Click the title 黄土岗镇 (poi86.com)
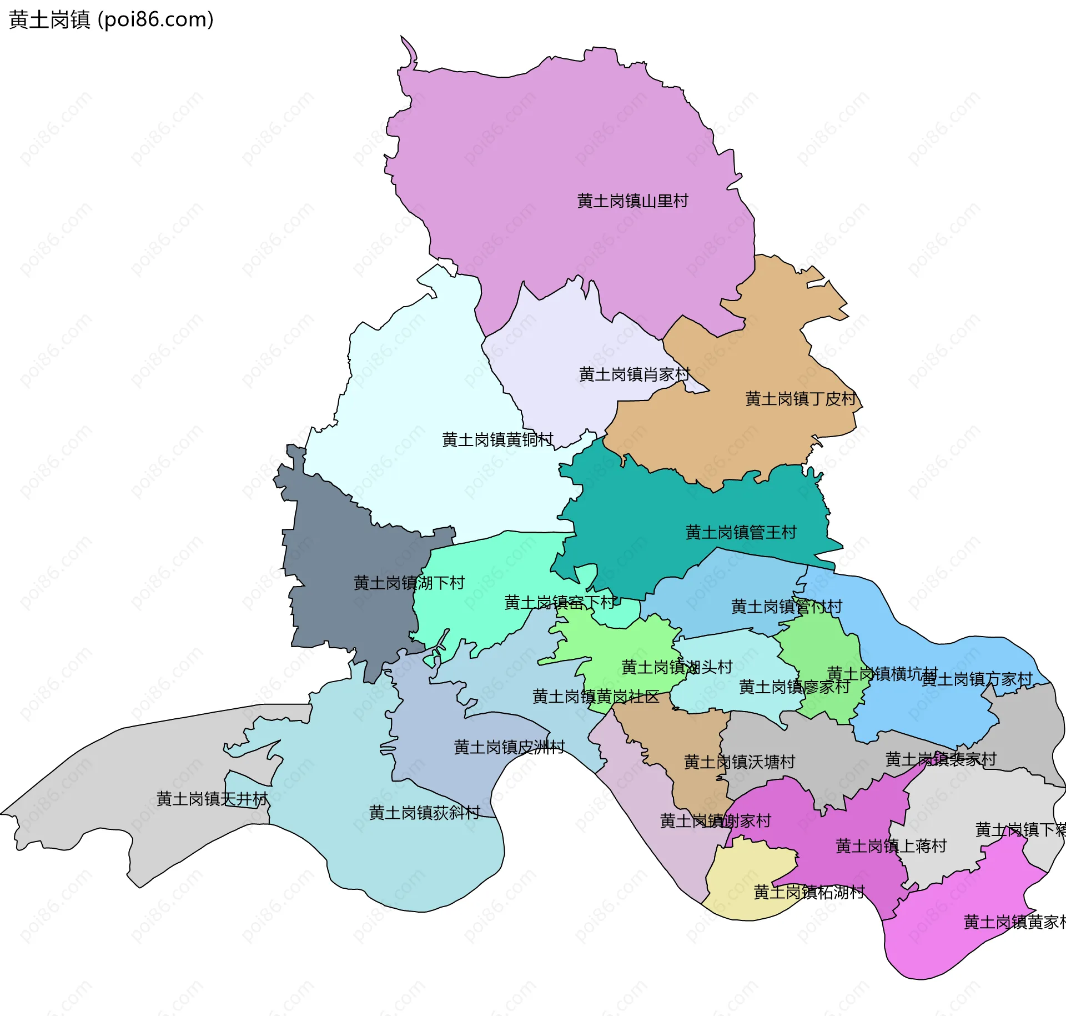[111, 20]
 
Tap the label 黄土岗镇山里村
[632, 201]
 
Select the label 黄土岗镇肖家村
[634, 374]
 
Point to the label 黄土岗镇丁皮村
[801, 399]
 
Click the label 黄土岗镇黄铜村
[497, 440]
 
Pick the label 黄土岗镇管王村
[741, 532]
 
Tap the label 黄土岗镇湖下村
[409, 583]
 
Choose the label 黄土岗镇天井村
[212, 799]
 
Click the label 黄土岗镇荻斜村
[424, 813]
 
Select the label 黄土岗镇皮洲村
[509, 747]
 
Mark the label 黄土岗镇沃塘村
[740, 762]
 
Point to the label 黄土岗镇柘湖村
[809, 892]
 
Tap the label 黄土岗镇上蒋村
[891, 846]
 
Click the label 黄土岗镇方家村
[977, 679]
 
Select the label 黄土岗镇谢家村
[715, 820]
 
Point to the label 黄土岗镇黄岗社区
[596, 697]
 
